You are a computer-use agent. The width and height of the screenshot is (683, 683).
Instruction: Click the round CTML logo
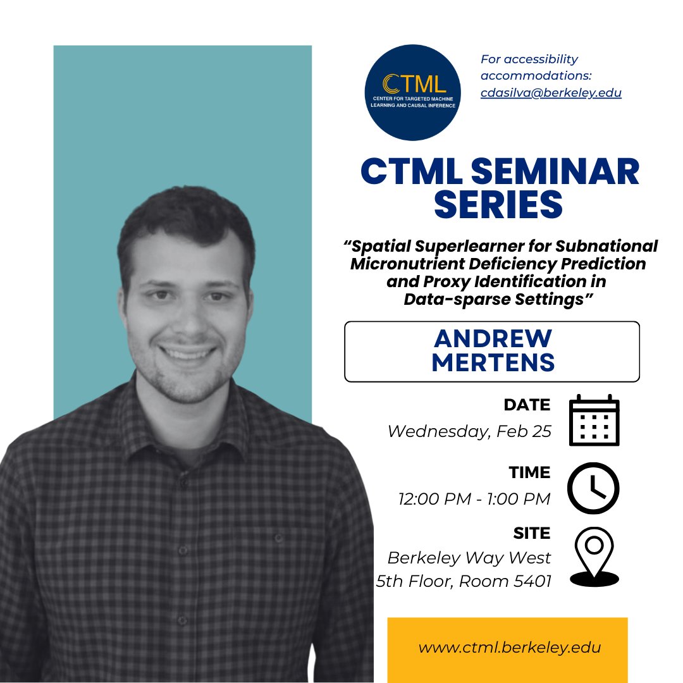tap(413, 92)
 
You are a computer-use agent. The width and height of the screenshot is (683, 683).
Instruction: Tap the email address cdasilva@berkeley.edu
tap(551, 92)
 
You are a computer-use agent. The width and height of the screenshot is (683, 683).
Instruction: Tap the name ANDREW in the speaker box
tap(492, 338)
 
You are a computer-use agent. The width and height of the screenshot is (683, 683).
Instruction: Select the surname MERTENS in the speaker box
tap(492, 363)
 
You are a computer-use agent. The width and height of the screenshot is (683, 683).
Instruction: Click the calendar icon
tap(594, 420)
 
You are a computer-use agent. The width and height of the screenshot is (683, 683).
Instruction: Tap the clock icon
tap(593, 488)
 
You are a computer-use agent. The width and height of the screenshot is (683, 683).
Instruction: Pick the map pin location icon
tap(593, 557)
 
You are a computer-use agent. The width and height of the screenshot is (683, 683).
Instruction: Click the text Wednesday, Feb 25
tap(469, 431)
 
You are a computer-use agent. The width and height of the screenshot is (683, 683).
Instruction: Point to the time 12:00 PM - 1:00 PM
tap(474, 499)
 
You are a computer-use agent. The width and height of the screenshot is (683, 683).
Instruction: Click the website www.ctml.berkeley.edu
tap(509, 648)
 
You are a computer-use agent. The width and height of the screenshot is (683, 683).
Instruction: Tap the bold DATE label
tap(527, 405)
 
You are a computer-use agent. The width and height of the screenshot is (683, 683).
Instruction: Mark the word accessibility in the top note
tap(529, 59)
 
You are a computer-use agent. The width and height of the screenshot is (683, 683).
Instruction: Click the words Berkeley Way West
tap(469, 558)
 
